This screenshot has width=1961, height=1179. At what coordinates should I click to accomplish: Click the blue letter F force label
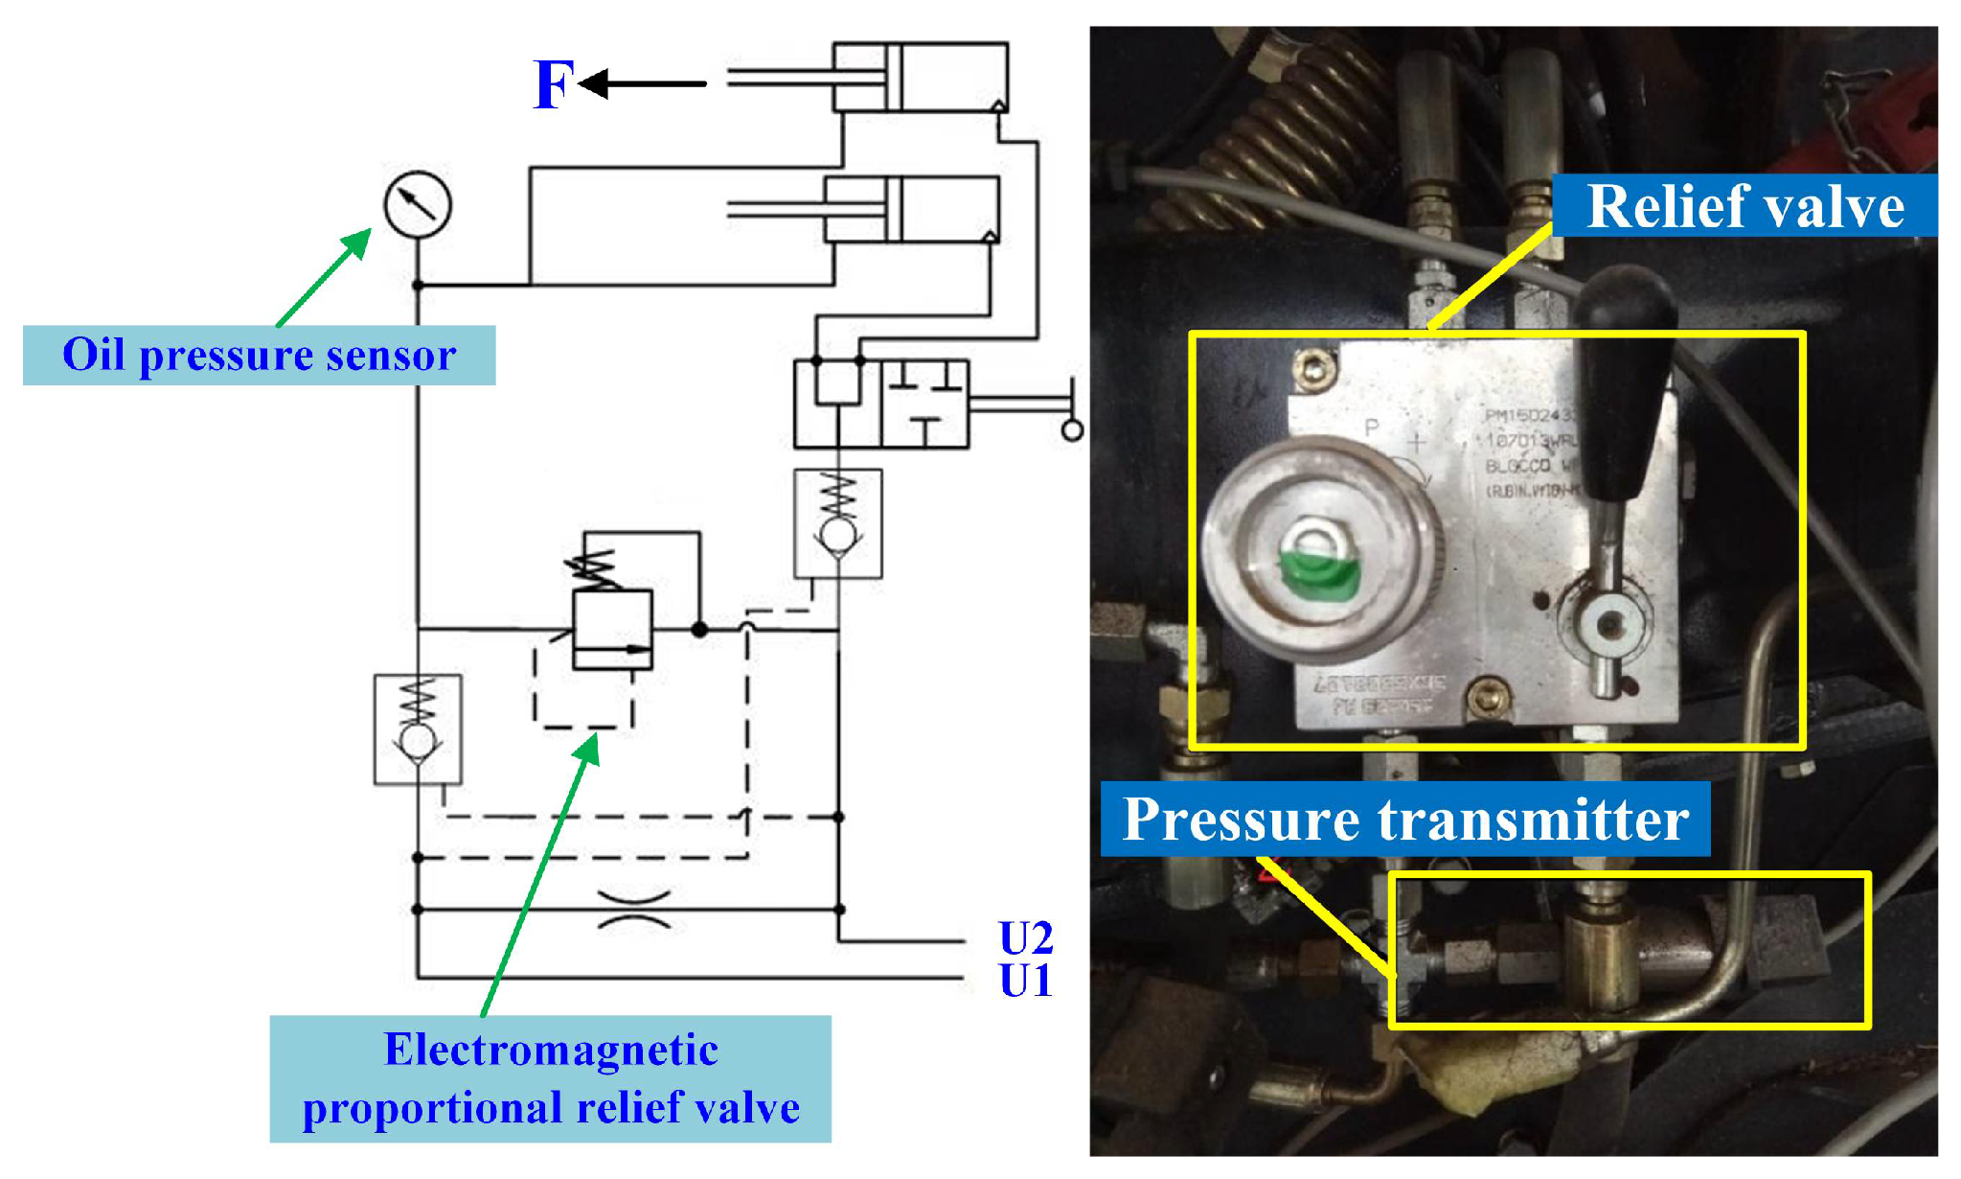(554, 84)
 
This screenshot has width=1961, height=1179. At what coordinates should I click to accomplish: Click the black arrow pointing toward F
(642, 83)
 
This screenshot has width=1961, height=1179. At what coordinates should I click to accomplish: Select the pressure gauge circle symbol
(418, 204)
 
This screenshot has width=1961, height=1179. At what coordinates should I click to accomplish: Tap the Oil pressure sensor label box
(259, 356)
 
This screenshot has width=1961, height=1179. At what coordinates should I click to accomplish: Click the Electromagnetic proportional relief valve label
(551, 1078)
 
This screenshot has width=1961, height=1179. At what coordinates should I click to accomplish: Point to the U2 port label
(1025, 937)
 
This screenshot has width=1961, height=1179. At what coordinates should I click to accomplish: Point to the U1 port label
(1025, 981)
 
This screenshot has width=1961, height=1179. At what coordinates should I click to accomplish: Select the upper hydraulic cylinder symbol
(920, 77)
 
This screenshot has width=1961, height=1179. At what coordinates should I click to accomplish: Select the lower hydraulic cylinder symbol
(911, 209)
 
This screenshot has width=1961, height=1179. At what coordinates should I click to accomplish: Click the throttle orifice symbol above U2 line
(633, 910)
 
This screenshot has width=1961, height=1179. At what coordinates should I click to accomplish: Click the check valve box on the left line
(418, 729)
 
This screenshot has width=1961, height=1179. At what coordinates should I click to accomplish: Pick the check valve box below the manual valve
(838, 523)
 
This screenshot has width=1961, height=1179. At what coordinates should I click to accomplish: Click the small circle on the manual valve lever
(1072, 430)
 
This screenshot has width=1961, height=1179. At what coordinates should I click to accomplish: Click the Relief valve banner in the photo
(1744, 205)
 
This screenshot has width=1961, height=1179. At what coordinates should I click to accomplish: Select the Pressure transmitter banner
(1404, 820)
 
